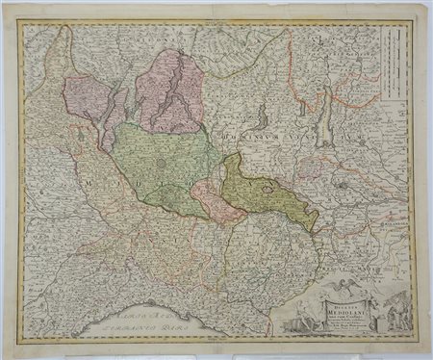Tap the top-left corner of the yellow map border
click(19, 22)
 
